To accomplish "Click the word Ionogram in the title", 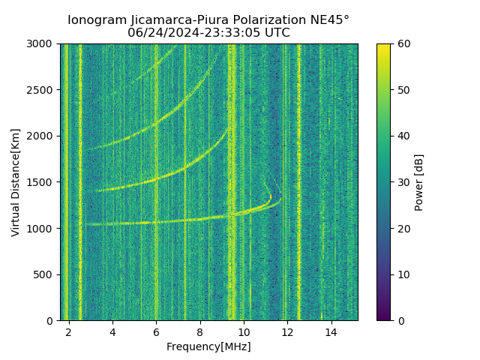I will (x=96, y=20).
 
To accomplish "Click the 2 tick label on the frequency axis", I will (x=69, y=331).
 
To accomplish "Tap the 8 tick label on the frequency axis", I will (x=200, y=331).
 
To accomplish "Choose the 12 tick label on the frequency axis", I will (x=287, y=331).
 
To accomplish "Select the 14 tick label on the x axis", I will (x=331, y=331).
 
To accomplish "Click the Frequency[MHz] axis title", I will (x=208, y=346).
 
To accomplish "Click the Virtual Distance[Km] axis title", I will (x=16, y=182).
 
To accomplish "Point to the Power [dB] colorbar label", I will (x=418, y=182).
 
